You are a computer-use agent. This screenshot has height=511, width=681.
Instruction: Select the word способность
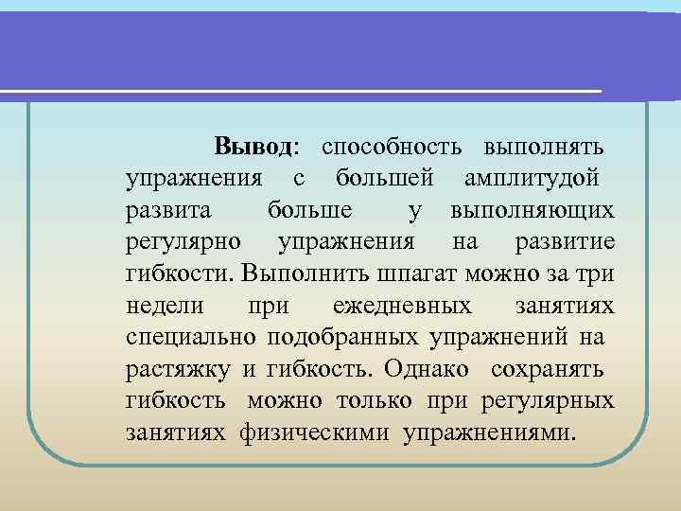click(x=392, y=148)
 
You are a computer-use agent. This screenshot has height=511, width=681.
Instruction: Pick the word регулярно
click(x=183, y=243)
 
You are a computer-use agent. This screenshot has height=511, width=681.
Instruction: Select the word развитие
click(x=566, y=243)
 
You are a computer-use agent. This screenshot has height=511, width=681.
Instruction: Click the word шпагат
click(x=396, y=274)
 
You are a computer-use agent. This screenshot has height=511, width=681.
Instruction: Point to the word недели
click(x=162, y=307)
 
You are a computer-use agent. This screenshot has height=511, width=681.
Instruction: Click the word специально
click(x=192, y=338)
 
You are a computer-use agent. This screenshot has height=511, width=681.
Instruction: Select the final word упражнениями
click(x=487, y=433)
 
